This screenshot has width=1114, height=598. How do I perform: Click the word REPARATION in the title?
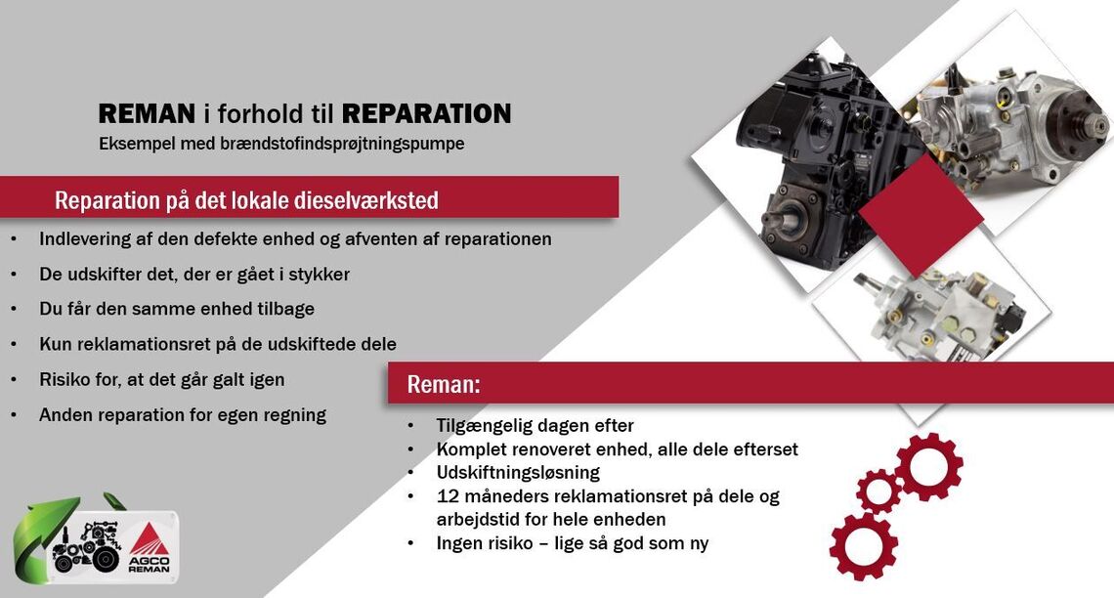click(426, 113)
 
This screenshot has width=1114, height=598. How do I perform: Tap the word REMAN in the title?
click(147, 113)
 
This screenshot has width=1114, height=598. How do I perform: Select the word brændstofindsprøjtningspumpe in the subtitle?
click(342, 144)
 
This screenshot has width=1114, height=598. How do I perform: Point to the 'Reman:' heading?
click(444, 384)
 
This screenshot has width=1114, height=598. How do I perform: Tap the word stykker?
click(319, 275)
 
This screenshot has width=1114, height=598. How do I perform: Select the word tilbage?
click(285, 310)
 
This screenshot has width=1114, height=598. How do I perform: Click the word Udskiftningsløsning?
click(518, 473)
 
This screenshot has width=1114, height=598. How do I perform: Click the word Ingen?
click(459, 544)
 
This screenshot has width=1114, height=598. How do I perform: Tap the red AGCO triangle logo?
click(149, 539)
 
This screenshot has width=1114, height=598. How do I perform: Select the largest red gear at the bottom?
click(863, 547)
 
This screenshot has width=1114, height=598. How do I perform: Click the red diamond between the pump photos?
click(921, 215)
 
